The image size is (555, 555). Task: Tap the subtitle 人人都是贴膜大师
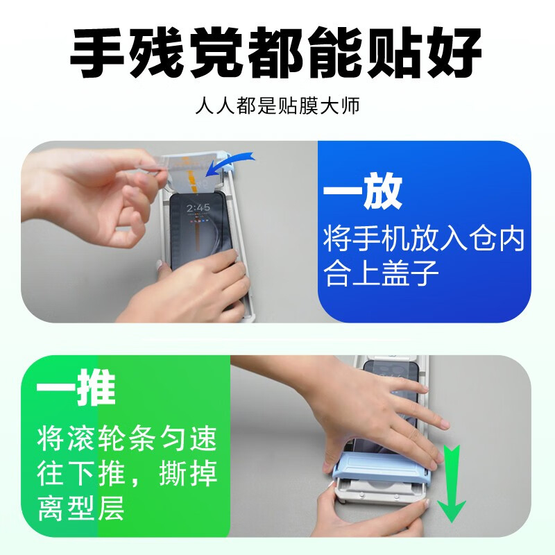point(277,108)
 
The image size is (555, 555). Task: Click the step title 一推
point(76,393)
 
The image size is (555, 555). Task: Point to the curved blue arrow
point(232,164)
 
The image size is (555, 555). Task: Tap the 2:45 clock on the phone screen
point(198,207)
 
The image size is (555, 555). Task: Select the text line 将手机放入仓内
point(424,240)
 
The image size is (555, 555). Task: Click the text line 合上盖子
point(382,275)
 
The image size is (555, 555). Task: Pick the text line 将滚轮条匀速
point(128,438)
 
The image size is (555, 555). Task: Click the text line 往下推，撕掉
point(128,475)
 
